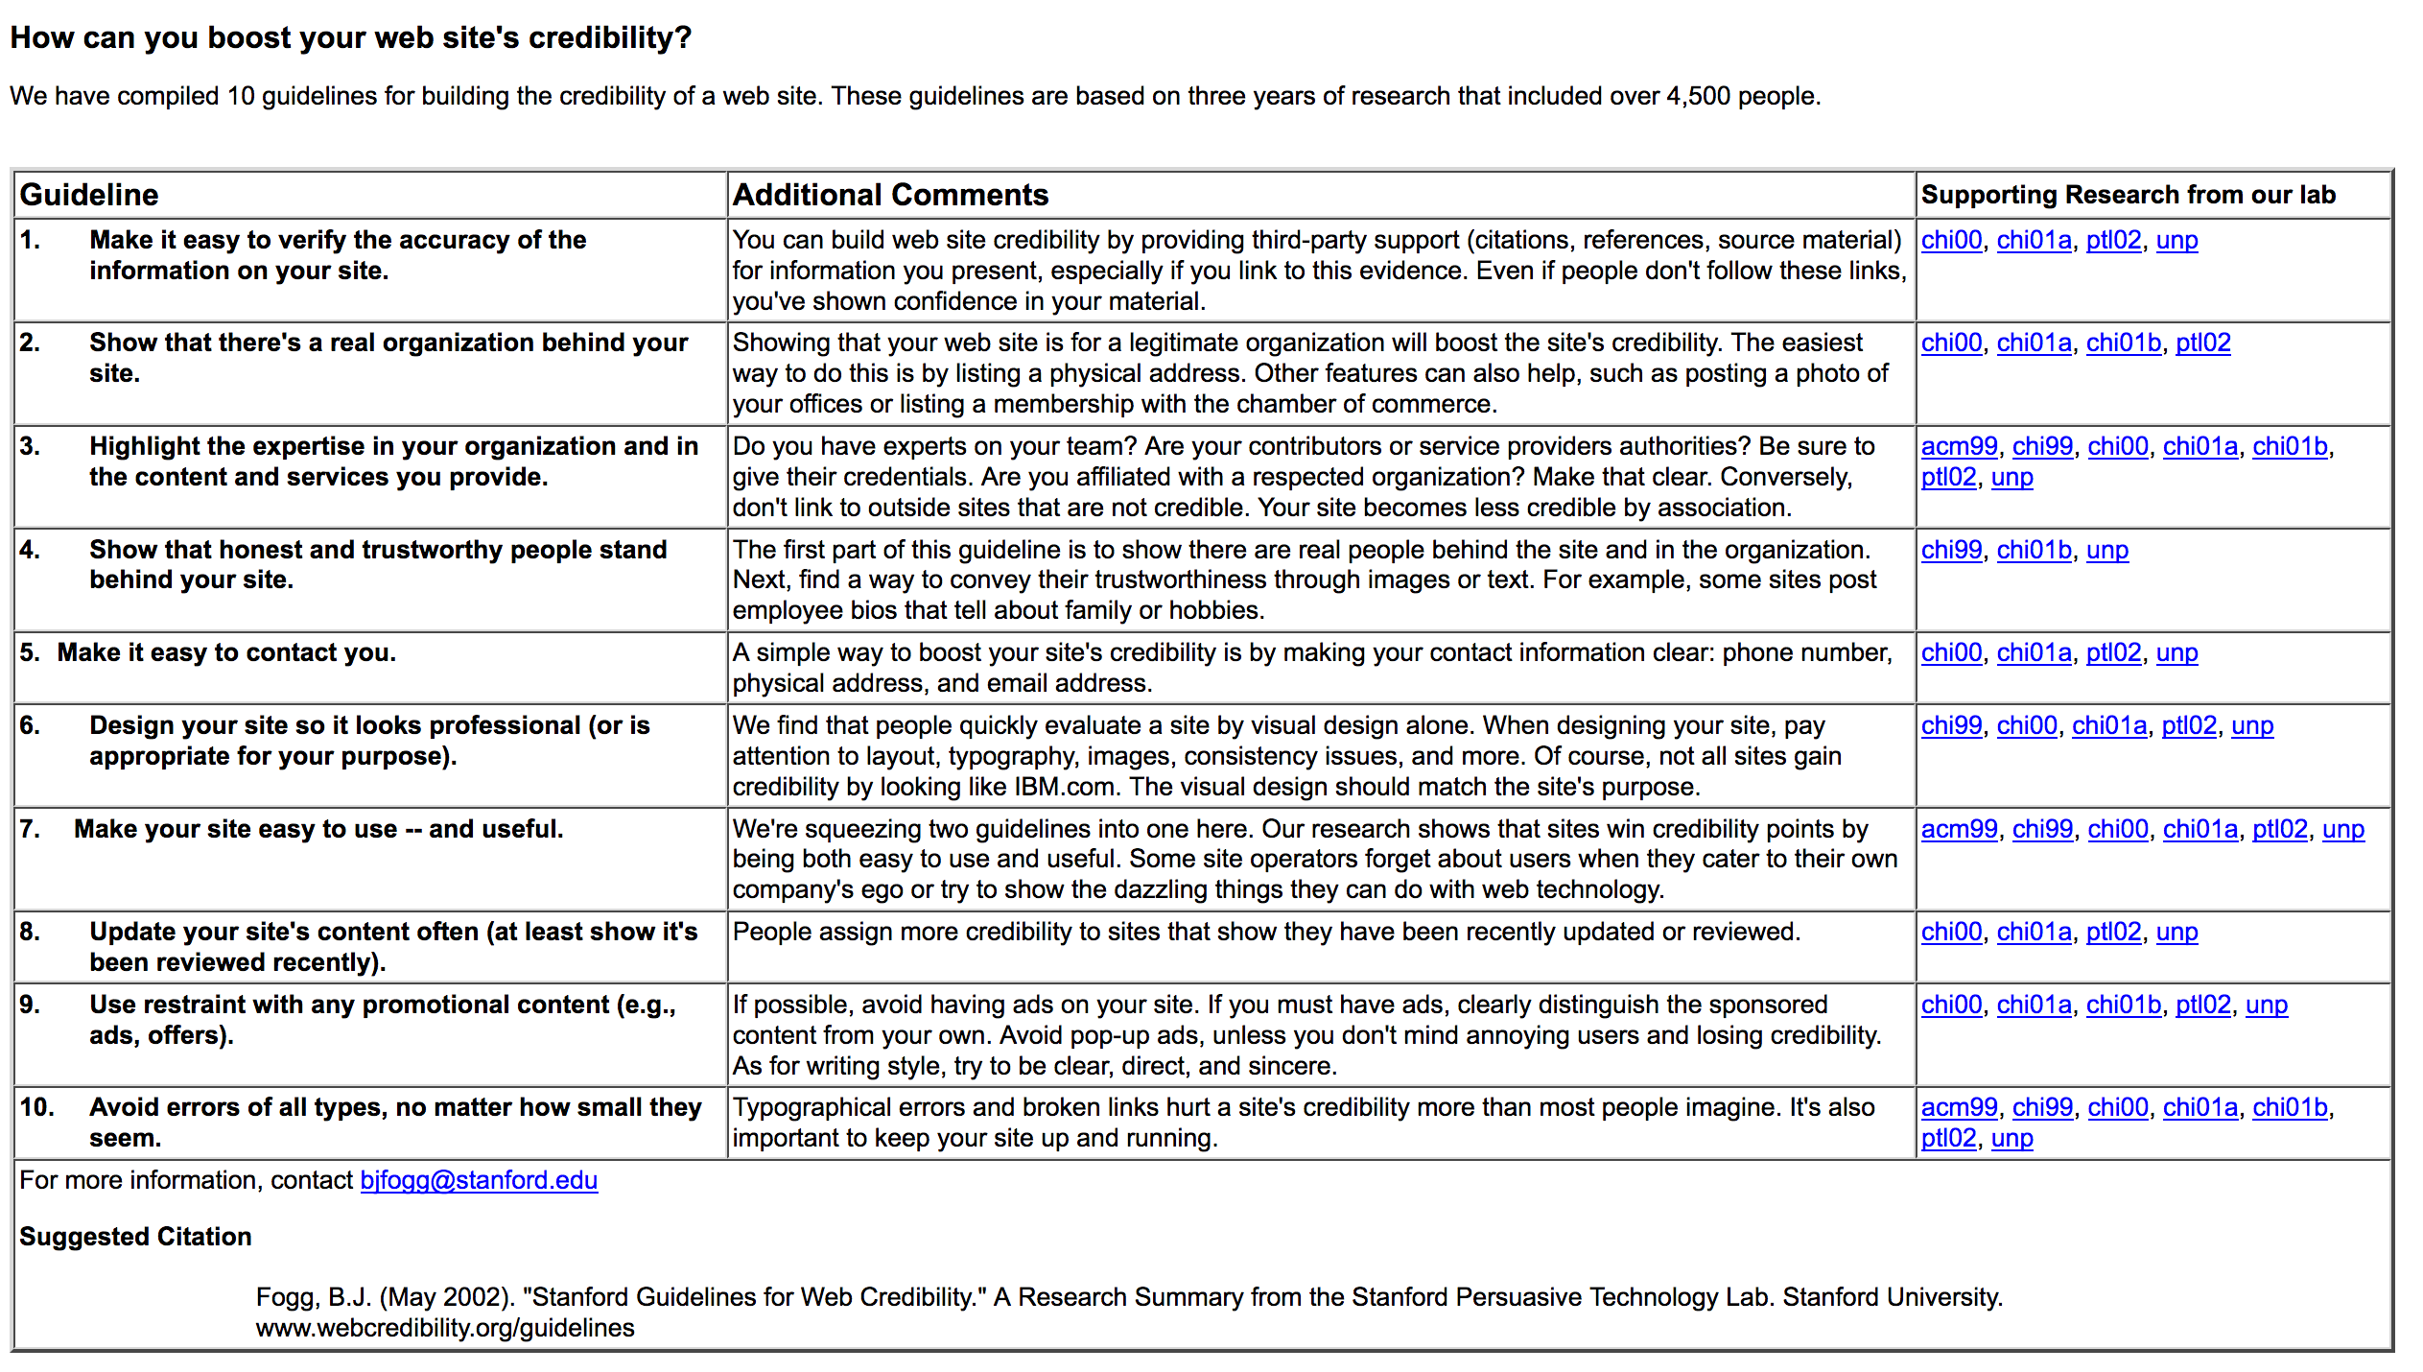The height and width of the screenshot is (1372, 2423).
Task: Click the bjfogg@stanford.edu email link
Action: pos(479,1180)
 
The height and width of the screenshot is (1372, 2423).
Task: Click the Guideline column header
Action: pos(89,195)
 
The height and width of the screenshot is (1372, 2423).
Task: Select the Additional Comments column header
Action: pos(890,195)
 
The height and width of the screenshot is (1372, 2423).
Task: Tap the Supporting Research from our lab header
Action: pos(2128,195)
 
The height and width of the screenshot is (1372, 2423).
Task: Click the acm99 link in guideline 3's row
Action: pos(1959,446)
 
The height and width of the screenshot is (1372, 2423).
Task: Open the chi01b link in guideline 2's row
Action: pos(2123,343)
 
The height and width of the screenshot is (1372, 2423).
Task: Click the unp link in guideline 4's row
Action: pos(2106,550)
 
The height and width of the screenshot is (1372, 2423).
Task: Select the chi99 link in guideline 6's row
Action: pos(1951,725)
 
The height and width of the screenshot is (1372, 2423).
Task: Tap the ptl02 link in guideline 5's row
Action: pos(2113,652)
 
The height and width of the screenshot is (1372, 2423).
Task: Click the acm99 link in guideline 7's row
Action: pos(1959,829)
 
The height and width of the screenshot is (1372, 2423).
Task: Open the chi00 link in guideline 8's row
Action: pos(1951,932)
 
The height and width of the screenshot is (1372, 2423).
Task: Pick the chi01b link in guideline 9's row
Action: pos(2123,1005)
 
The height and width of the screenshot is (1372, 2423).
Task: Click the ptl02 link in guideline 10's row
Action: pos(1948,1138)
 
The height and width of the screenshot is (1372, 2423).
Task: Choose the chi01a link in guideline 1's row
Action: pos(2034,240)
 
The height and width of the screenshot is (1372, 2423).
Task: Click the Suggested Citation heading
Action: pos(135,1237)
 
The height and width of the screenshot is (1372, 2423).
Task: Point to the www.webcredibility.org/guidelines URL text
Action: pos(445,1328)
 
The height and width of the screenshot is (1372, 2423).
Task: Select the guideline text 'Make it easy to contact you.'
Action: pos(226,652)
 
